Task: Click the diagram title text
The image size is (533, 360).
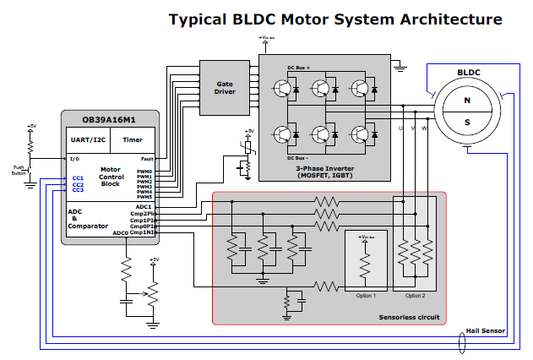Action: [335, 19]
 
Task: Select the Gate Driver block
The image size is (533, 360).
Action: [225, 88]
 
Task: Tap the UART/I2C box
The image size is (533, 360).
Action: [89, 140]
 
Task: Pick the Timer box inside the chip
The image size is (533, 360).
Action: [133, 140]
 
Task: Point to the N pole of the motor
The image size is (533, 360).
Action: [466, 100]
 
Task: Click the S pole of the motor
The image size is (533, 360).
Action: [466, 121]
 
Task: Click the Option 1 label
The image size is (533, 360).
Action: [365, 296]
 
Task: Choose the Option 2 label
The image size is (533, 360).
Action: [416, 296]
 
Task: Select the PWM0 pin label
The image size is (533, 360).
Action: [144, 172]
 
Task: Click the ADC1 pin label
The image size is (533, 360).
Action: [144, 206]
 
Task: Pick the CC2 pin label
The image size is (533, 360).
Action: [78, 184]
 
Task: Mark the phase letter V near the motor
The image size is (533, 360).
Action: [412, 128]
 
